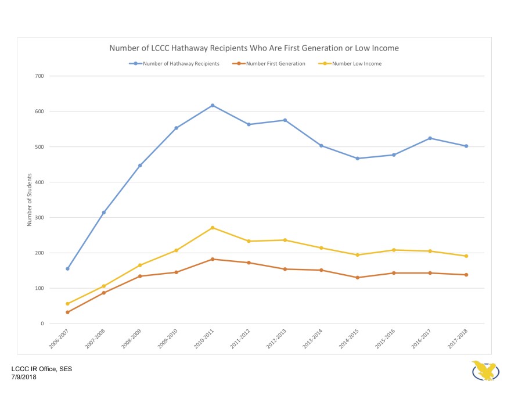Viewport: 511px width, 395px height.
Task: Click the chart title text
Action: [254, 48]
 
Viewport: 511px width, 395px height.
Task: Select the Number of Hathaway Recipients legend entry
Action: [174, 63]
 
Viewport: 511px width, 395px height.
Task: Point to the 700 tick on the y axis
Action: [39, 76]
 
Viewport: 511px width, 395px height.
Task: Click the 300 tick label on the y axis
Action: [39, 218]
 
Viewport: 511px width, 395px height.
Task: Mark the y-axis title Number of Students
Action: [29, 200]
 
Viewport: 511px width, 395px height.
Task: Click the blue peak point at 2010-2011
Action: [213, 105]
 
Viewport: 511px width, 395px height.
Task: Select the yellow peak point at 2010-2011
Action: [213, 228]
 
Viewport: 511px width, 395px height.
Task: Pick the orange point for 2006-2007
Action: [67, 312]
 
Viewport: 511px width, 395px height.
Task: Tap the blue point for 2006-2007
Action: [67, 269]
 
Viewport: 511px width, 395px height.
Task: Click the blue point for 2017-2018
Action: [466, 146]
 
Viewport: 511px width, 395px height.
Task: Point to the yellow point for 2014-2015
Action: [358, 255]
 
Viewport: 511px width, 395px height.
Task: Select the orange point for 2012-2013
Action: [285, 269]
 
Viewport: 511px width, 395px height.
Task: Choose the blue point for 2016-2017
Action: [430, 138]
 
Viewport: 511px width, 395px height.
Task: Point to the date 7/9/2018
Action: [24, 377]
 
